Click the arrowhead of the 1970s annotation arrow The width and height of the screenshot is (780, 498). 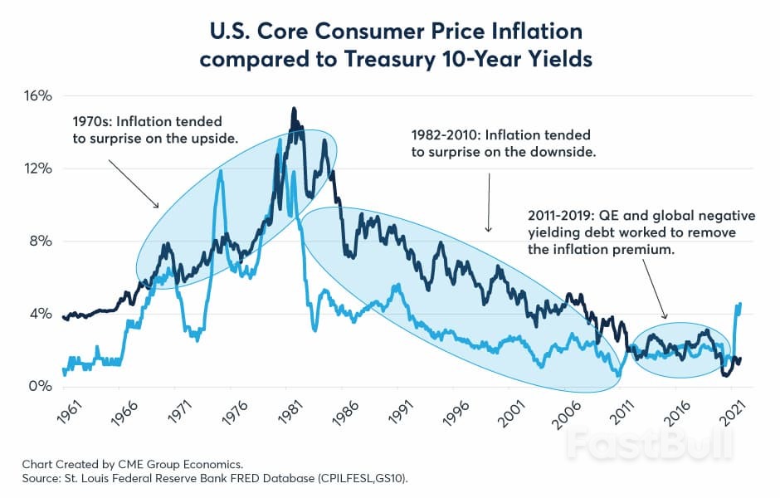tap(158, 206)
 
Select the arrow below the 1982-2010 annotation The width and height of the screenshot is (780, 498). tap(489, 203)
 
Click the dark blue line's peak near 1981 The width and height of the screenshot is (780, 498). tap(294, 109)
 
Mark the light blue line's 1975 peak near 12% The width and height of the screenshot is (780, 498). tap(221, 171)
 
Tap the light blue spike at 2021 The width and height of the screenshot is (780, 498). tap(739, 304)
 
